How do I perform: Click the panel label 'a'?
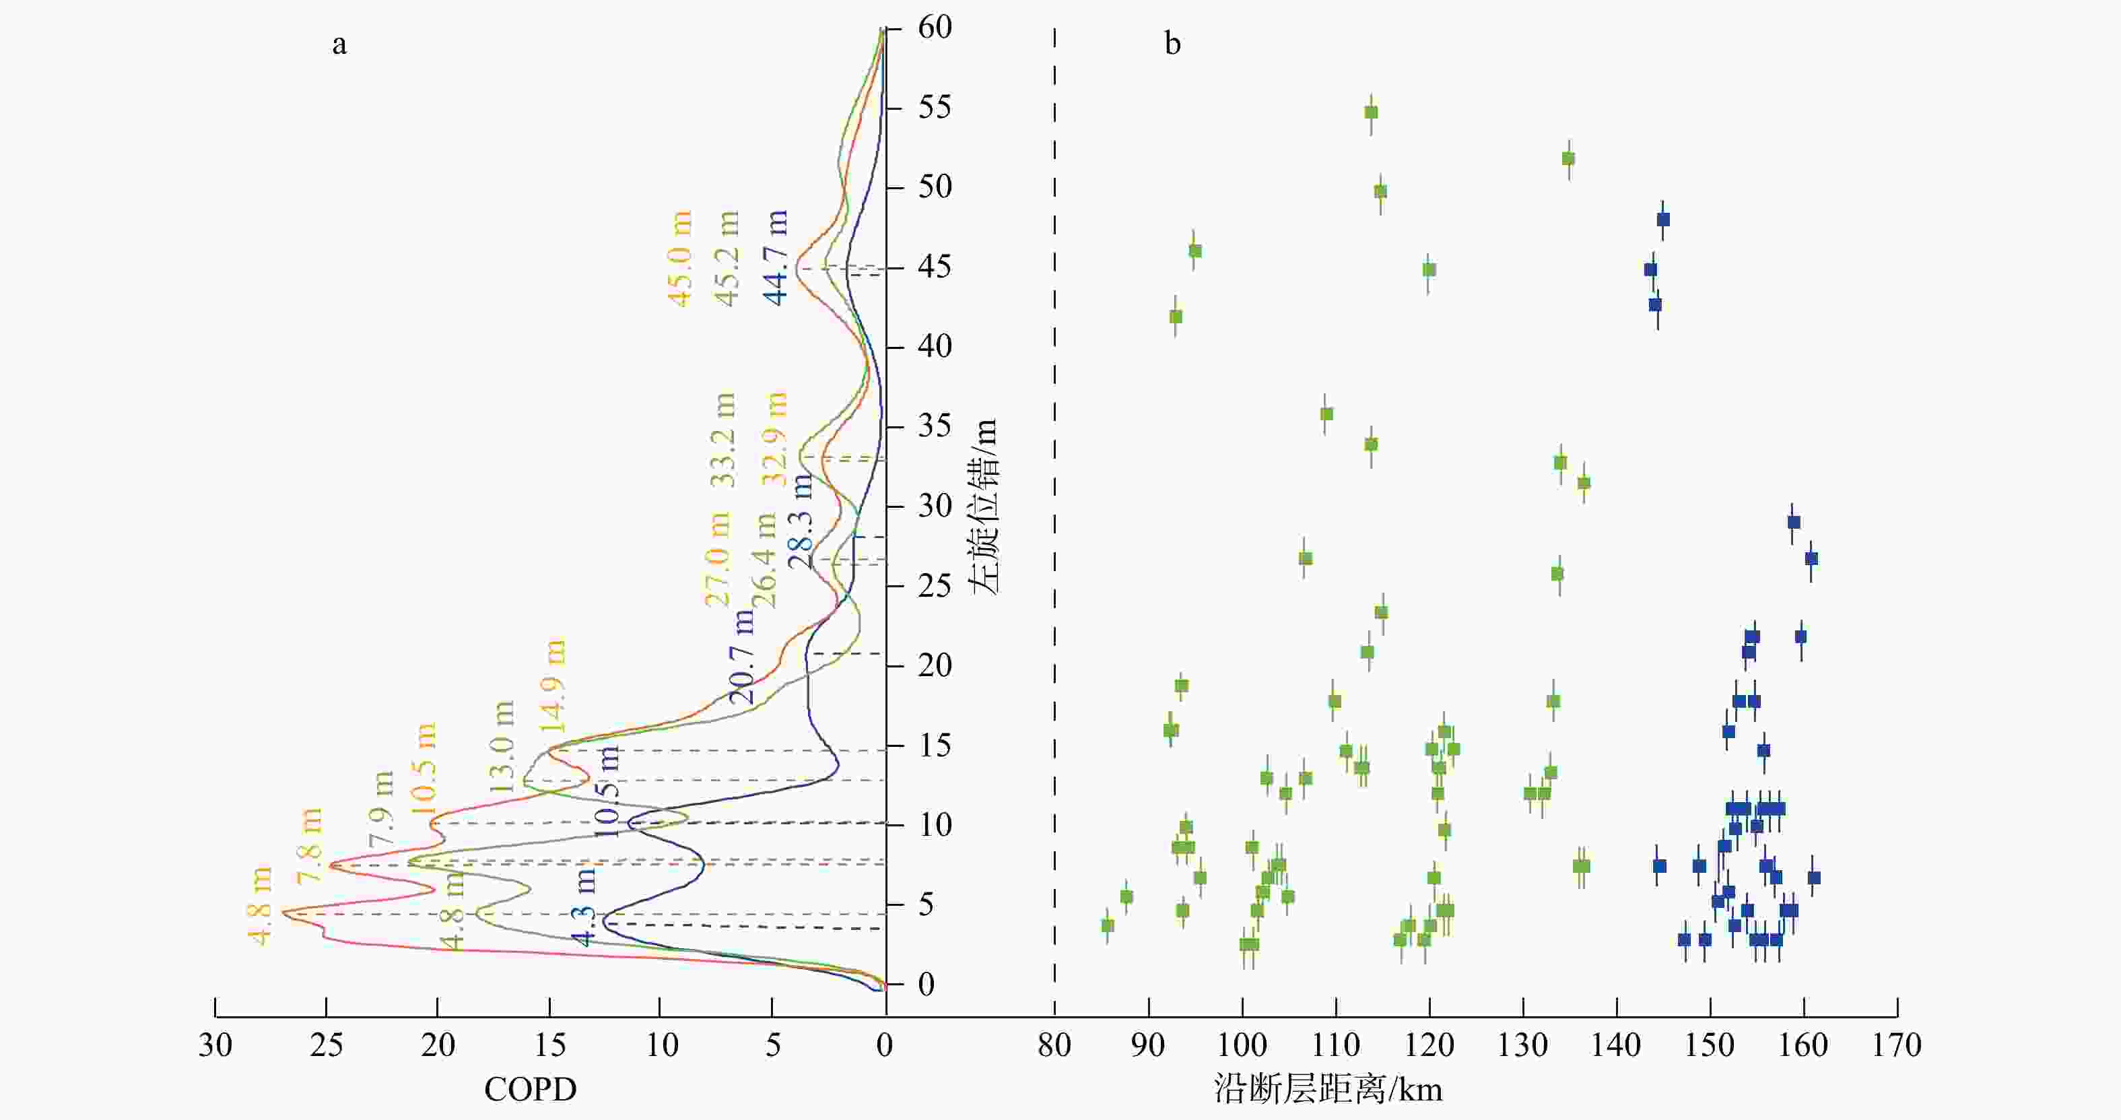coord(339,44)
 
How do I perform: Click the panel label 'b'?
coord(1172,43)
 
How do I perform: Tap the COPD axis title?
coord(531,1090)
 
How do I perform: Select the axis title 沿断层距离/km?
coord(1328,1089)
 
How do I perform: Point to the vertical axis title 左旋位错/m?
coord(983,506)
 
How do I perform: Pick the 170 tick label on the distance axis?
coord(1897,1046)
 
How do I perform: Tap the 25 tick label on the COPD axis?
coord(326,1046)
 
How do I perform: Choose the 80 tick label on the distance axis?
coord(1054,1046)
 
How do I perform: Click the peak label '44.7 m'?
coord(776,258)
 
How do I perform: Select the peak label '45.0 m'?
coord(680,259)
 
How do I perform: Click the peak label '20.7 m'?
coord(742,657)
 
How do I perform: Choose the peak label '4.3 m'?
coord(582,908)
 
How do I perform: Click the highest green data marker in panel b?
coord(1371,112)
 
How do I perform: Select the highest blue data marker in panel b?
coord(1663,219)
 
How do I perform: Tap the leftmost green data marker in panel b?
coord(1108,925)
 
